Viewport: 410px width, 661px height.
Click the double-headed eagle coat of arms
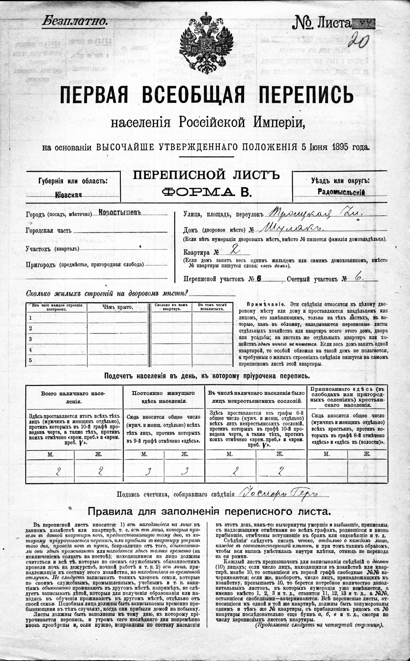click(205, 42)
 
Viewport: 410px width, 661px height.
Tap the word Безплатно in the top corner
click(73, 21)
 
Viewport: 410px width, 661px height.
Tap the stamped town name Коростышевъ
click(120, 212)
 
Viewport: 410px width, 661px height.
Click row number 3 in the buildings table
click(31, 339)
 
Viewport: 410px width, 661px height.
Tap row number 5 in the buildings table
click(31, 360)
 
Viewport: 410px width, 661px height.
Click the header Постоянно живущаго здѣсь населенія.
click(164, 397)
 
